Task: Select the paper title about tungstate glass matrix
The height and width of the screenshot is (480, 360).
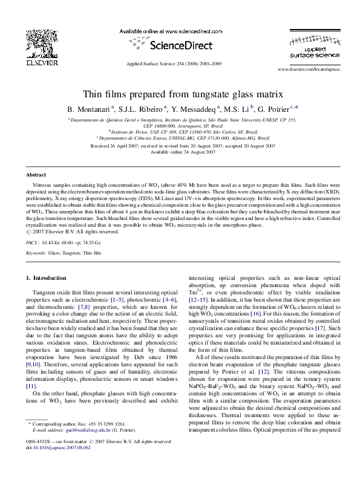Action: (180, 94)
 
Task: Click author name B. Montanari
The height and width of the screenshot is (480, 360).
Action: (91, 109)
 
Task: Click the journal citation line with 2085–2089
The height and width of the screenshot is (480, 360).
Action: (180, 63)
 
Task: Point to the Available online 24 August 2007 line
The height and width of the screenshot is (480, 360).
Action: (180, 152)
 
